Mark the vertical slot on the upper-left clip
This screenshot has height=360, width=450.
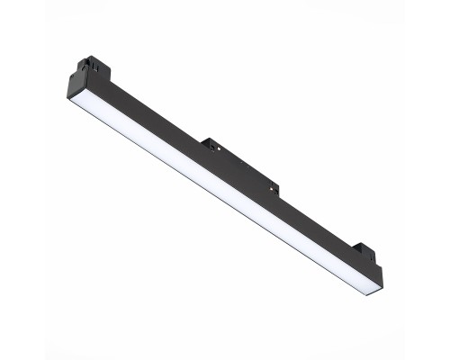click(x=86, y=65)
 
